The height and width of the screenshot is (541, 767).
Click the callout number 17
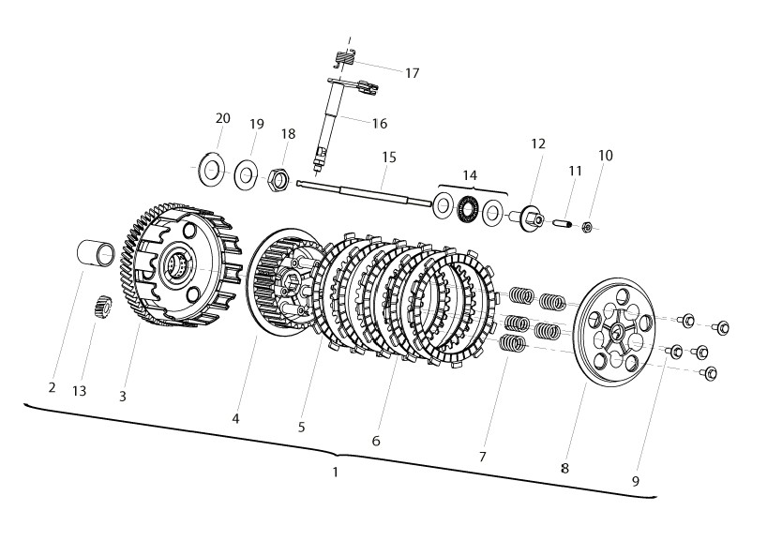tap(413, 73)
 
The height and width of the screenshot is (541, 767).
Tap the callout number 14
tap(470, 175)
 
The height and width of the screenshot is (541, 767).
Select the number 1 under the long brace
tap(335, 472)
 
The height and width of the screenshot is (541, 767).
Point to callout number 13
tap(80, 391)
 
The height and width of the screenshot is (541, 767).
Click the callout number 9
tap(636, 481)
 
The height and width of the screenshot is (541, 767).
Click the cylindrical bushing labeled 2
tap(97, 253)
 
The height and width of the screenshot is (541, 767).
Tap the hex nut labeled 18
tap(279, 179)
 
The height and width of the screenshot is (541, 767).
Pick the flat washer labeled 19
tap(246, 174)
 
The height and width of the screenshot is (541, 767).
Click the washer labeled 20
tap(211, 170)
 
